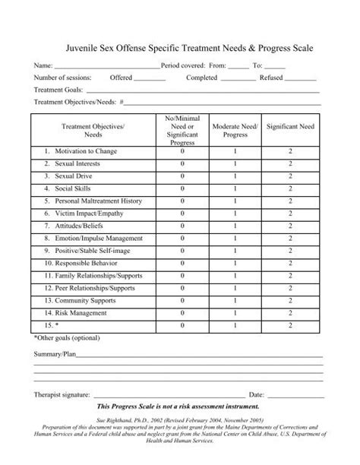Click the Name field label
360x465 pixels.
[x=43, y=67]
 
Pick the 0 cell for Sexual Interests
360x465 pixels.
[x=182, y=163]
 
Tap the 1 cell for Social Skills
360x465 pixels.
[x=235, y=188]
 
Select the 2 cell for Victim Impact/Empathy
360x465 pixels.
[x=290, y=214]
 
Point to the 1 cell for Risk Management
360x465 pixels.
[x=235, y=312]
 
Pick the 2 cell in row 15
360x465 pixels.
[x=290, y=324]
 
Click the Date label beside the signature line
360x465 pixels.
[x=256, y=395]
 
